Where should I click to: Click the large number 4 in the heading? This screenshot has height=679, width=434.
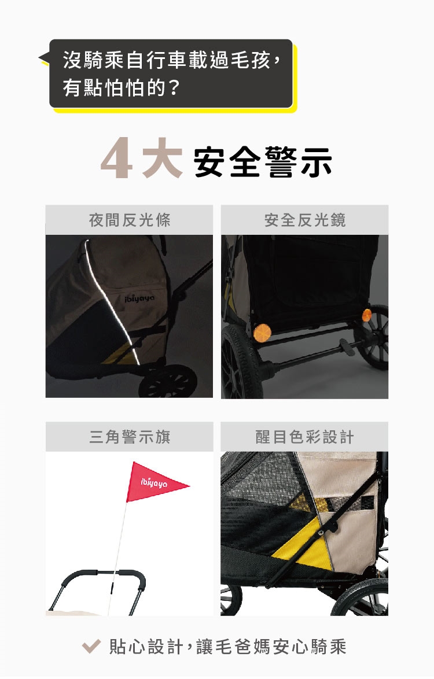[x=117, y=159]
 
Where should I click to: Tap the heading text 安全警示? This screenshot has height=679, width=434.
[x=263, y=162]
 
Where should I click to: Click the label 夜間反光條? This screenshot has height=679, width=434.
[x=130, y=220]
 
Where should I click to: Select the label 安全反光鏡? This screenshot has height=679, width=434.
[x=305, y=220]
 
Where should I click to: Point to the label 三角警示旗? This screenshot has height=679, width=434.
[x=130, y=437]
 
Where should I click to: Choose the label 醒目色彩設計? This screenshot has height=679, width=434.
[x=304, y=437]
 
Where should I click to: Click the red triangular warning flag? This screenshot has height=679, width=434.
[x=156, y=482]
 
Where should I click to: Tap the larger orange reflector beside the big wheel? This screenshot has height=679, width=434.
[x=262, y=333]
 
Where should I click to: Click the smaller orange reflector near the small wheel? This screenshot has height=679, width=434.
[x=366, y=315]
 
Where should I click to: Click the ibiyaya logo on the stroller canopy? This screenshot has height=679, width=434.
[x=139, y=299]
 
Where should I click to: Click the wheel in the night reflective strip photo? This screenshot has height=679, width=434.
[x=168, y=381]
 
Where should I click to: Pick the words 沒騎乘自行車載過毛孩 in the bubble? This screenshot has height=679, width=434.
[x=167, y=60]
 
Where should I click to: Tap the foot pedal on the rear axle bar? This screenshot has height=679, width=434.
[x=347, y=347]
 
